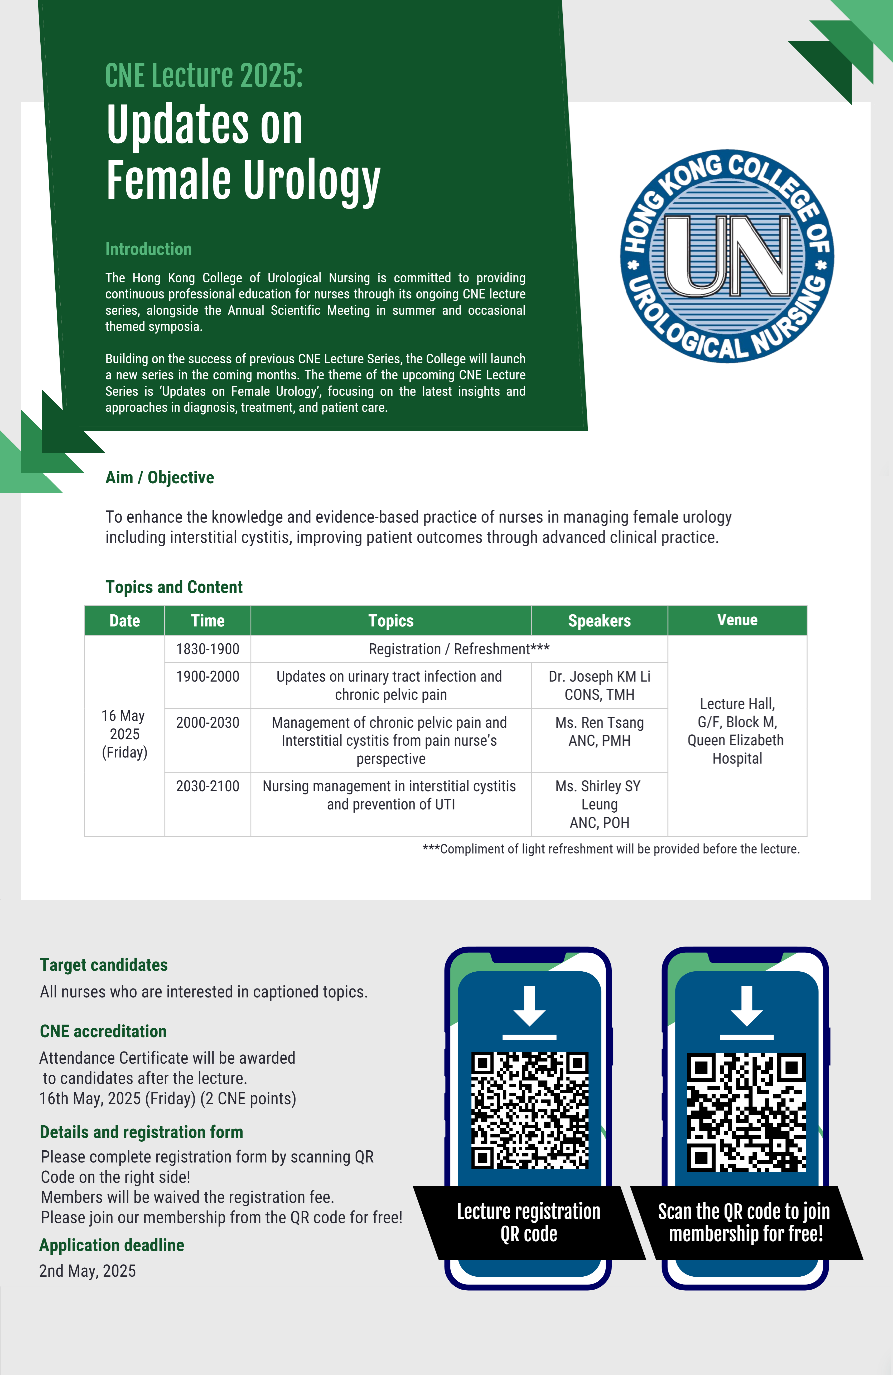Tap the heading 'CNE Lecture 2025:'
click(204, 76)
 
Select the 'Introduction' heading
click(148, 249)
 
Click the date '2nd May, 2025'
click(87, 1271)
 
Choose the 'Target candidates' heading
click(104, 965)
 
